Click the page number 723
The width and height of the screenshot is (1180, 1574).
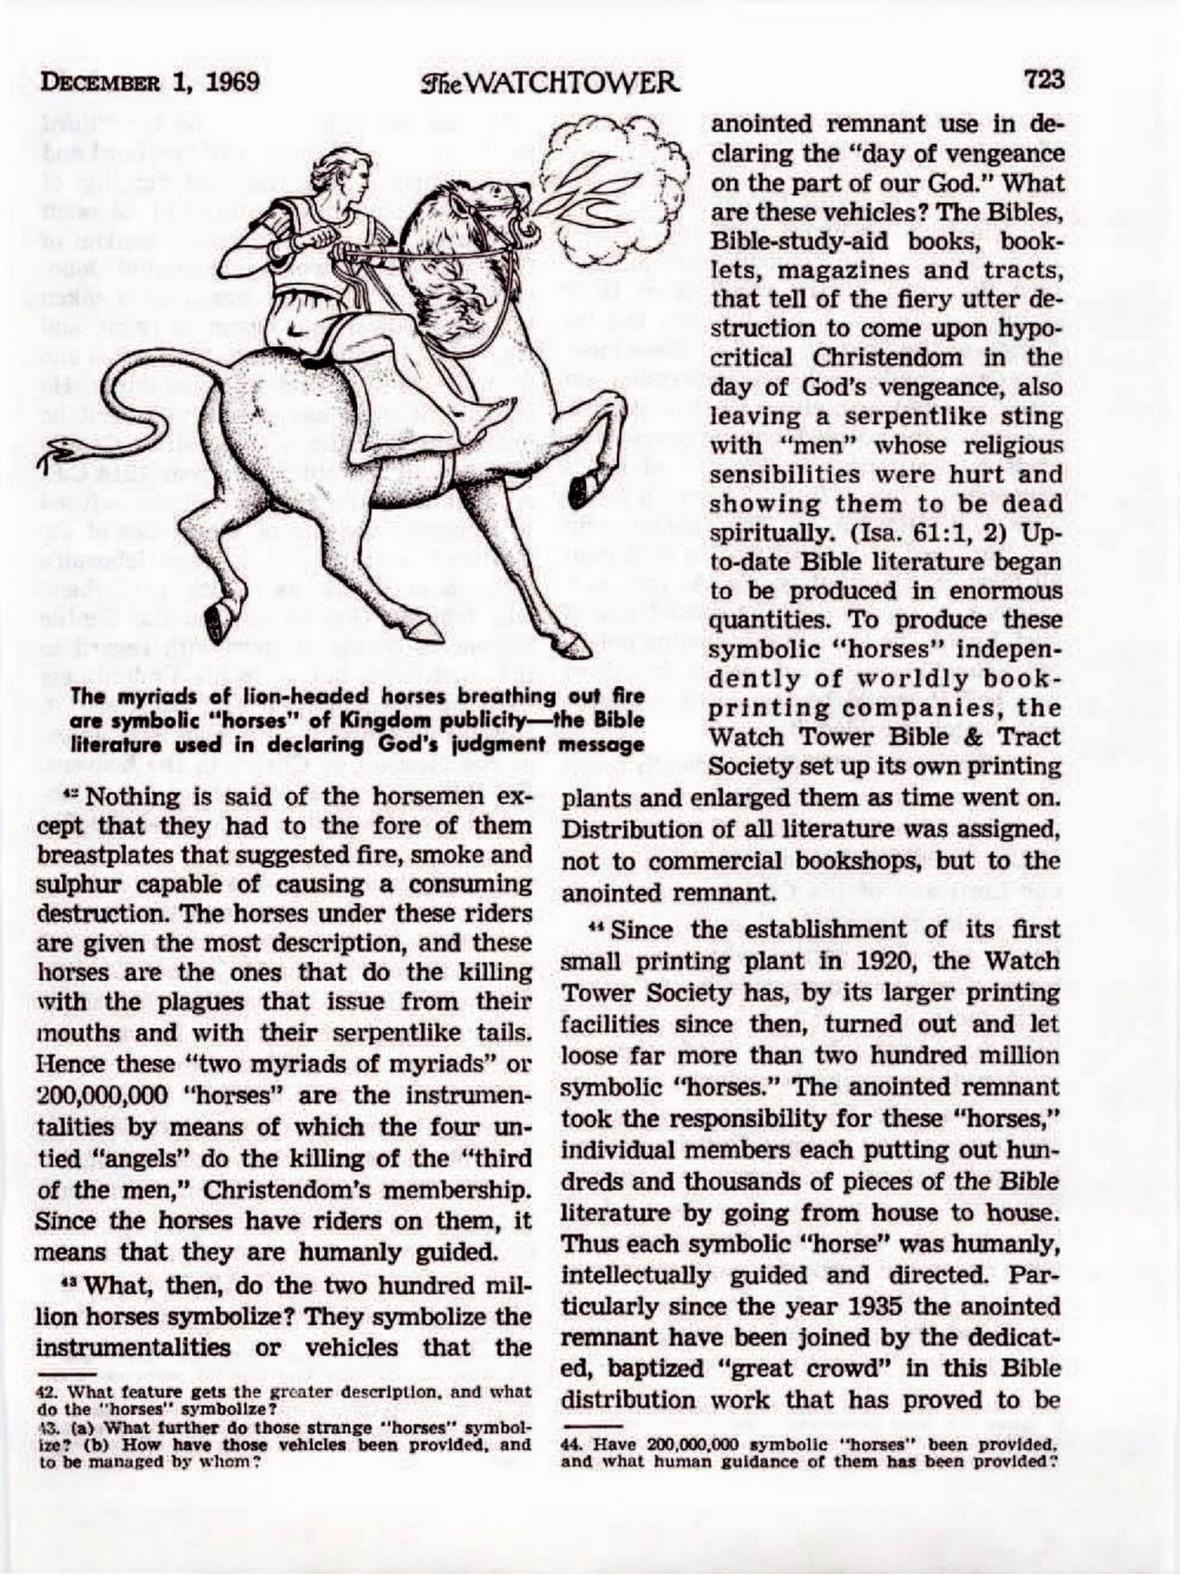pos(1044,79)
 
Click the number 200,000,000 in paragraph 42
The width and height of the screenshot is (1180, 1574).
pos(101,1096)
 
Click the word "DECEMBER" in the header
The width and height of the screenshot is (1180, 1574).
pos(99,83)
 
